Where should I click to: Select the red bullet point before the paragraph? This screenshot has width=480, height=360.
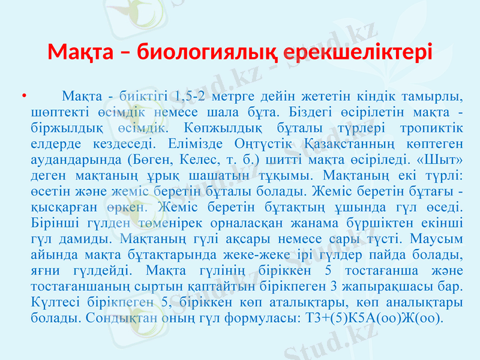point(23,95)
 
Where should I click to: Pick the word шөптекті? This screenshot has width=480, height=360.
point(55,112)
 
